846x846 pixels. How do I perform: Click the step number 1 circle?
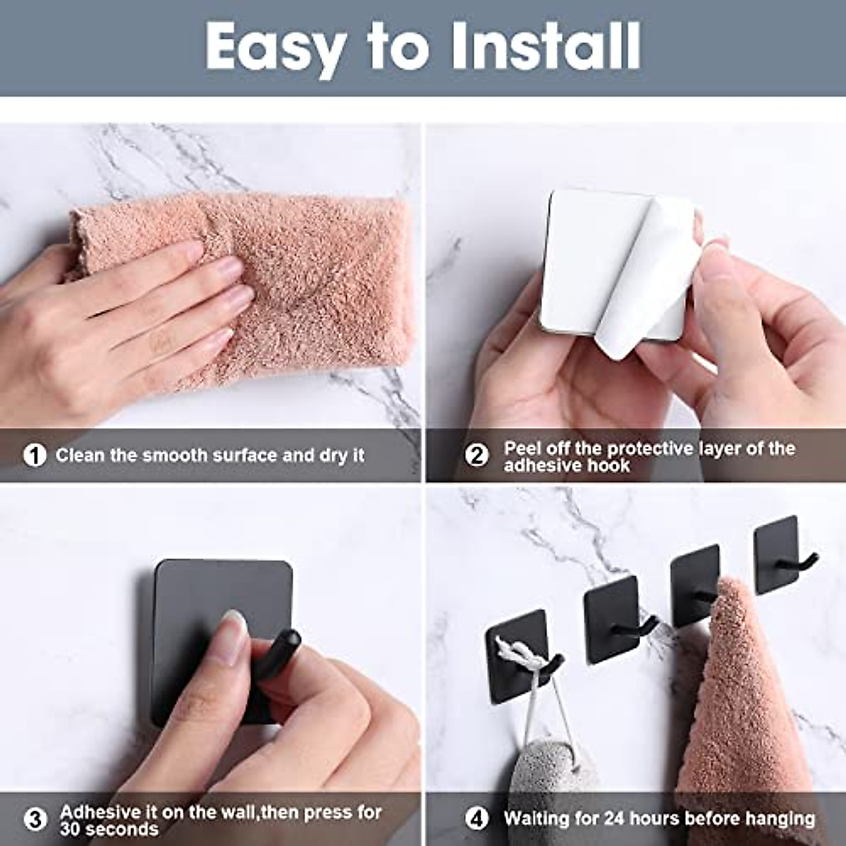(33, 455)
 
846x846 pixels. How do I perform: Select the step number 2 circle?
(477, 455)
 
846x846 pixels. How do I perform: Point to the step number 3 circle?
(35, 819)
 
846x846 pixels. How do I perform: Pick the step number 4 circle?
(477, 819)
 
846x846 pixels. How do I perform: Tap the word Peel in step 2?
(525, 448)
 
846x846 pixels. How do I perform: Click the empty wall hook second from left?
(613, 620)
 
